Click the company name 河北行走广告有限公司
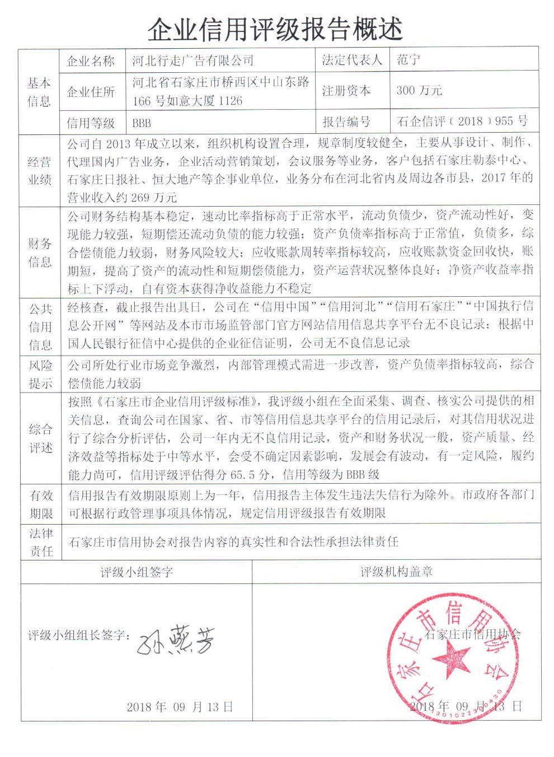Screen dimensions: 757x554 pos(193,60)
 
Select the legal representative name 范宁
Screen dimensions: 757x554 pos(409,60)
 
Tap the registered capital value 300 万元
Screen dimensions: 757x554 pos(419,90)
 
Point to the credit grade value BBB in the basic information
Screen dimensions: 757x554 pos(142,123)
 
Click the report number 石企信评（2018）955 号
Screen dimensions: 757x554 pos(462,121)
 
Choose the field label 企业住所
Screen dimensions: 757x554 pos(91,91)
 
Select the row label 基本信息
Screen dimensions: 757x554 pos(39,92)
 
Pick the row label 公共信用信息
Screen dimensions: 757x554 pos(40,326)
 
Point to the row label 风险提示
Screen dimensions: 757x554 pos(40,374)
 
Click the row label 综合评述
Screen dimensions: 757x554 pos(40,438)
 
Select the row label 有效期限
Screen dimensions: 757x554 pos(40,504)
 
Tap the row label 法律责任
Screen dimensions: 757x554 pos(40,542)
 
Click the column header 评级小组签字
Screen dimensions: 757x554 pos(137,572)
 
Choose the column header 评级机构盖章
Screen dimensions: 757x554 pos(396,572)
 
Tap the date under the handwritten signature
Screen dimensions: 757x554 pos(180,707)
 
